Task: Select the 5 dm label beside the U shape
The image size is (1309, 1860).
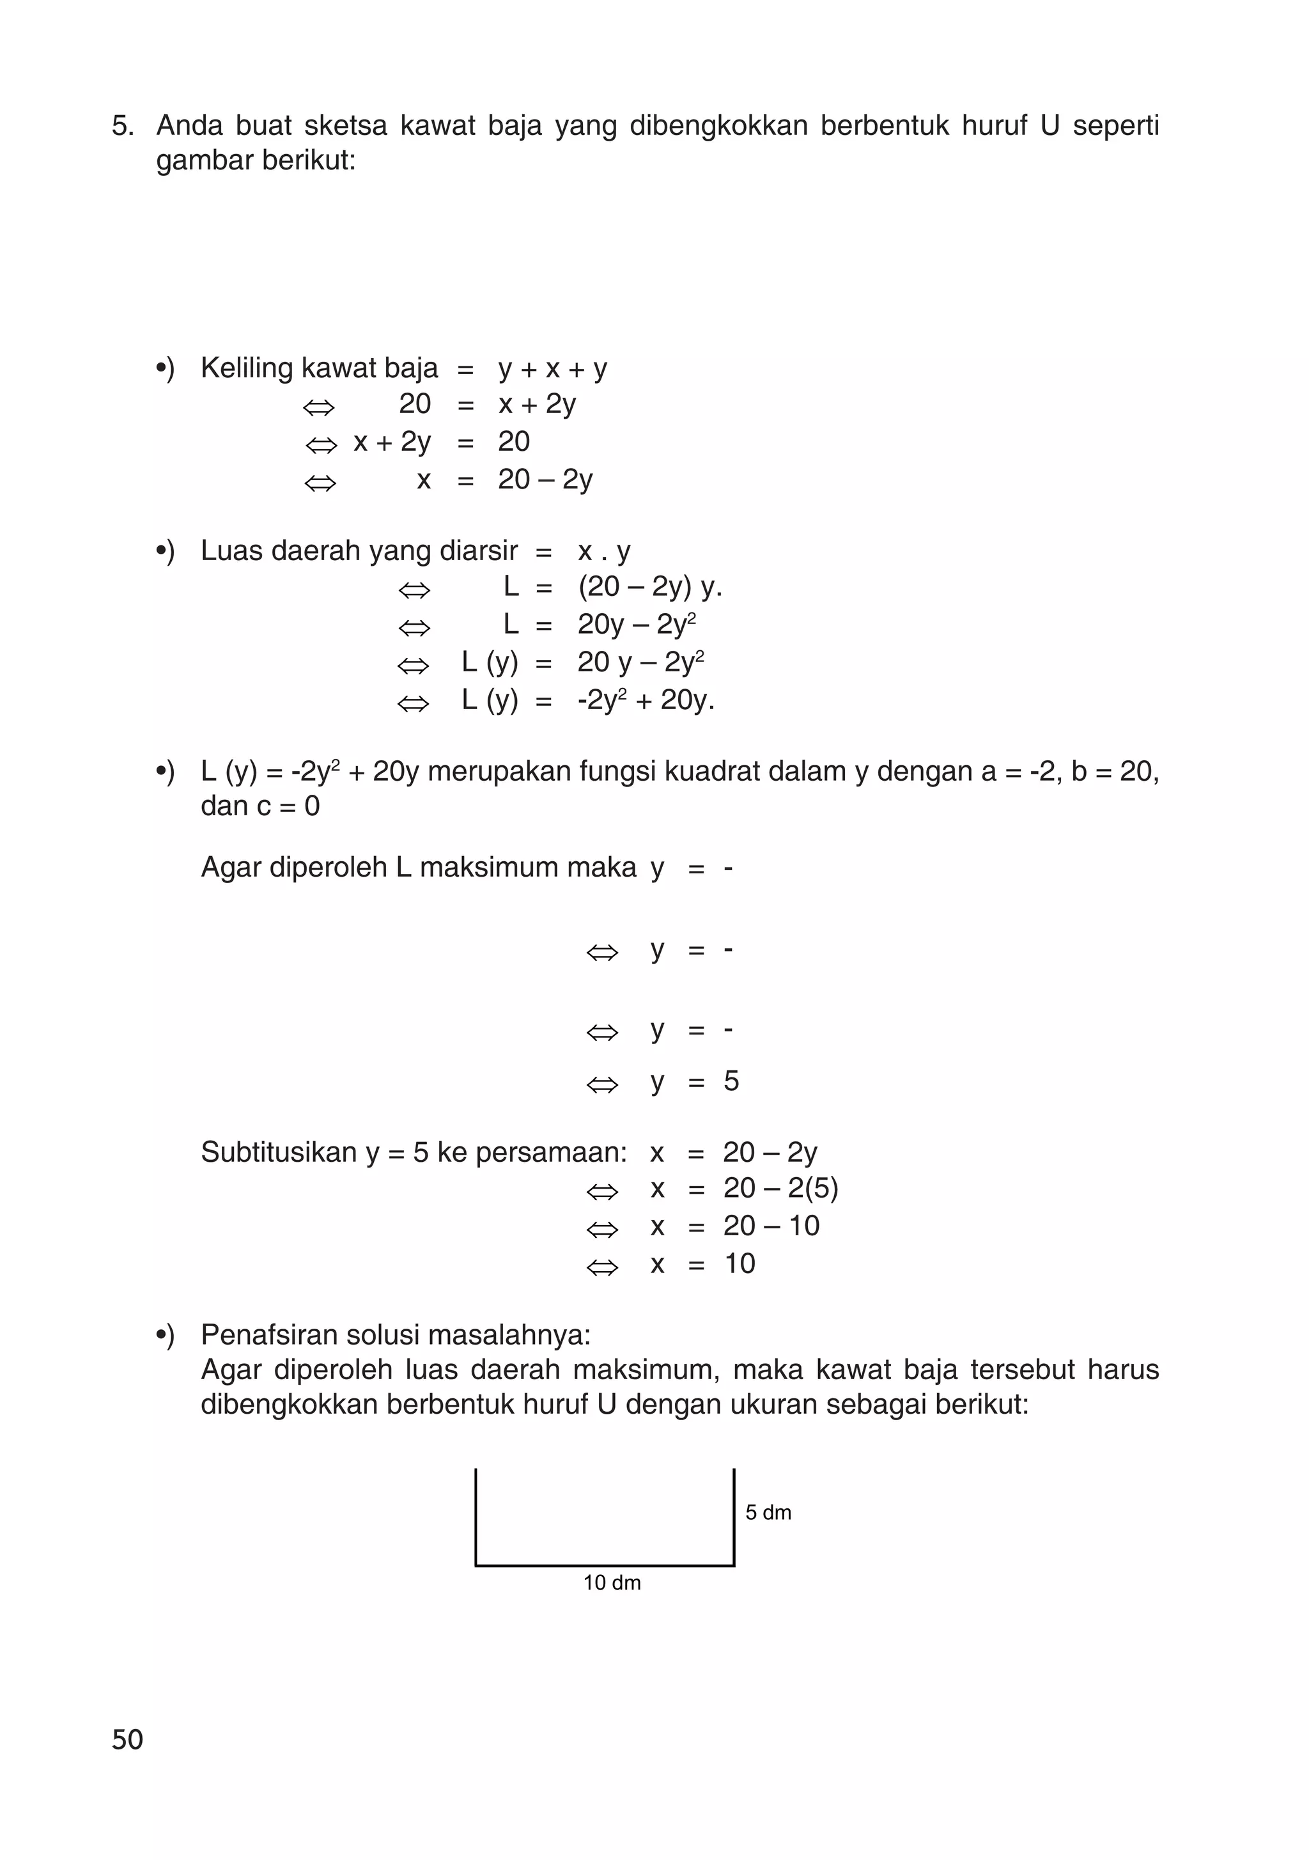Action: (x=768, y=1512)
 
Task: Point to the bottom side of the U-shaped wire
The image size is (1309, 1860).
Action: (x=604, y=1565)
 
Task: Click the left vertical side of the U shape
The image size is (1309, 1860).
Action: (x=476, y=1515)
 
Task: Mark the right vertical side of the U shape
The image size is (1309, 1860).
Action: (x=734, y=1515)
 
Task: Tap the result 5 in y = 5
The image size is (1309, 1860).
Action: (x=731, y=1081)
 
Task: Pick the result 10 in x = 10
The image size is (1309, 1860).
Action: (x=739, y=1263)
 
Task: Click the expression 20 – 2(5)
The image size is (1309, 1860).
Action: (x=780, y=1189)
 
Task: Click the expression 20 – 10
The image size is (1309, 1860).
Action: (x=770, y=1226)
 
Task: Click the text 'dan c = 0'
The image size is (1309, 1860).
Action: (x=260, y=806)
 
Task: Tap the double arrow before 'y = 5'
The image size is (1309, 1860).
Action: (x=602, y=1084)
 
